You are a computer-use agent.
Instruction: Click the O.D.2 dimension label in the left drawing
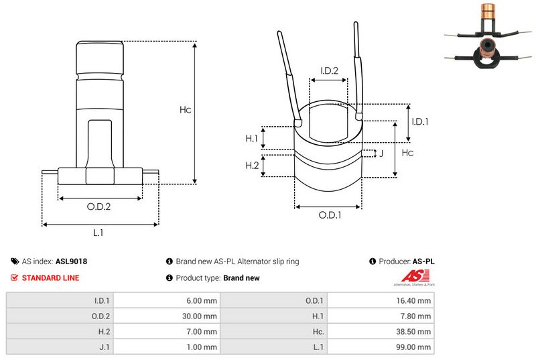[x=98, y=206]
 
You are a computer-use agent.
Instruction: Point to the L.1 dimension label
[x=98, y=233]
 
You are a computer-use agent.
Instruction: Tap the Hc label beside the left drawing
[x=186, y=110]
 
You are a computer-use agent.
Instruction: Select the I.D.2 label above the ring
[x=329, y=70]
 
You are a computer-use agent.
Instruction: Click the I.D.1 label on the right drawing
[x=420, y=121]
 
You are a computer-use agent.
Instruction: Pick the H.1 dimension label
[x=252, y=138]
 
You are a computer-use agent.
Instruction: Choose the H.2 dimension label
[x=252, y=166]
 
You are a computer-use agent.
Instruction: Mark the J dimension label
[x=381, y=154]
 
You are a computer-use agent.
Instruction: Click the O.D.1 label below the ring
[x=330, y=215]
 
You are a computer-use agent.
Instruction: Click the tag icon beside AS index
[x=15, y=261]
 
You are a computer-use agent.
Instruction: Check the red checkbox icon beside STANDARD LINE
[x=15, y=278]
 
